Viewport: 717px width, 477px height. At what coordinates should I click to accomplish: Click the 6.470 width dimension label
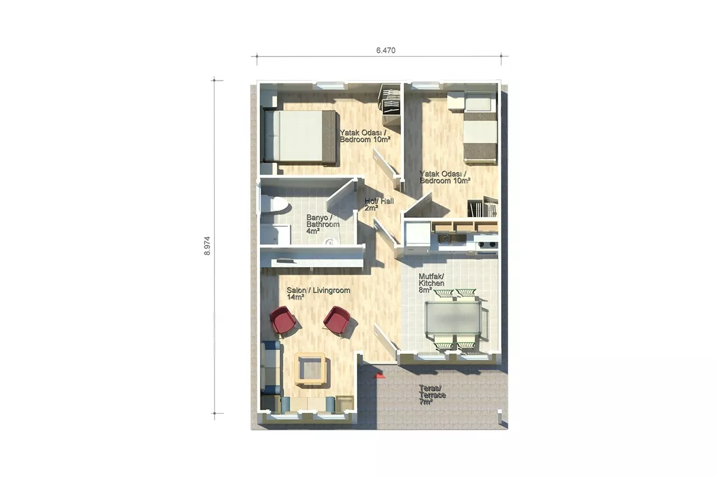(386, 50)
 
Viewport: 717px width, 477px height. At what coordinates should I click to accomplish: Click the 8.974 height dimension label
(207, 246)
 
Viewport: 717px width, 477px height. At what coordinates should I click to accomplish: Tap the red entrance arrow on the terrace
(379, 375)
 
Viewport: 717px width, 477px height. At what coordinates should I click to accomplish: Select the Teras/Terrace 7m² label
(432, 395)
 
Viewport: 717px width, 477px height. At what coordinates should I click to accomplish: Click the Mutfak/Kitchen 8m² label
(431, 283)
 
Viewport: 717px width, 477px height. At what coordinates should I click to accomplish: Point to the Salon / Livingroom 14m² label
(318, 294)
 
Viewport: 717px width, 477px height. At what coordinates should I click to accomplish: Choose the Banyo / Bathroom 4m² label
(323, 225)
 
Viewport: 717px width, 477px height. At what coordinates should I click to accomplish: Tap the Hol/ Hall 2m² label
(379, 204)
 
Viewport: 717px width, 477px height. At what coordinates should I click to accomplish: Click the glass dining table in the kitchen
(453, 317)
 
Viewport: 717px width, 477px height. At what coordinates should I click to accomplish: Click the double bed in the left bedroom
(300, 137)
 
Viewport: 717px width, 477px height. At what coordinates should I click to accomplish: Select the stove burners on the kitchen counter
(487, 245)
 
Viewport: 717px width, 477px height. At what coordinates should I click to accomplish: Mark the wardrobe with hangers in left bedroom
(390, 100)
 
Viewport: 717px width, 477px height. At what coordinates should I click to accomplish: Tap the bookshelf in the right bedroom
(483, 207)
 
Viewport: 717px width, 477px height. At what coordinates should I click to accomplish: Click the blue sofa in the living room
(272, 368)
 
